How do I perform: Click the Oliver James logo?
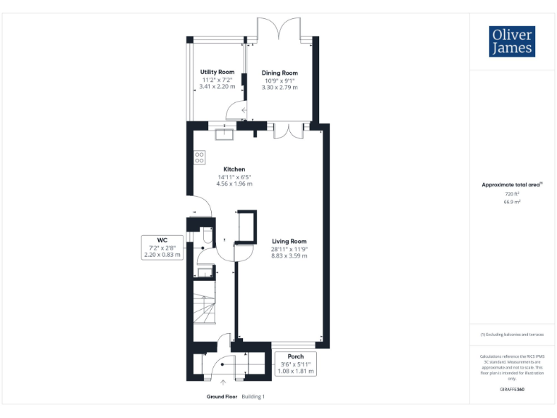click(x=512, y=41)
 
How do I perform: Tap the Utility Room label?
click(x=217, y=73)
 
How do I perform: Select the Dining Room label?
click(x=279, y=73)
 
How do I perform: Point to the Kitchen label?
click(x=234, y=169)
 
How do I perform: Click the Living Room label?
click(x=289, y=242)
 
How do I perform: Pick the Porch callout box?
click(x=296, y=364)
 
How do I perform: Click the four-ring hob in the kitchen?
click(x=199, y=157)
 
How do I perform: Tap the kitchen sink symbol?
click(x=225, y=133)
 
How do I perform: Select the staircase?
click(x=205, y=305)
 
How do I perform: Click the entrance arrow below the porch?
click(x=223, y=382)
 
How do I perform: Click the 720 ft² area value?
click(x=512, y=194)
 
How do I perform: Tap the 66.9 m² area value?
click(x=512, y=202)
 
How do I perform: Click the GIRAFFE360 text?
click(x=512, y=390)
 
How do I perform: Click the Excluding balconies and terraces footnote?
click(x=512, y=335)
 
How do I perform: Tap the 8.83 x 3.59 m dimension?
click(x=289, y=256)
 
